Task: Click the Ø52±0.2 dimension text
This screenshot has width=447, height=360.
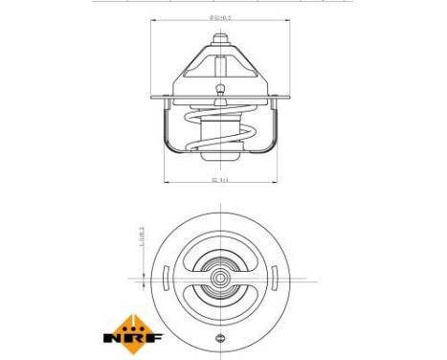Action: [x=222, y=17]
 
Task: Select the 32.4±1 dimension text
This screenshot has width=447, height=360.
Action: [x=222, y=178]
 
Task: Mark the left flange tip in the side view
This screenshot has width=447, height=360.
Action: [x=153, y=96]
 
